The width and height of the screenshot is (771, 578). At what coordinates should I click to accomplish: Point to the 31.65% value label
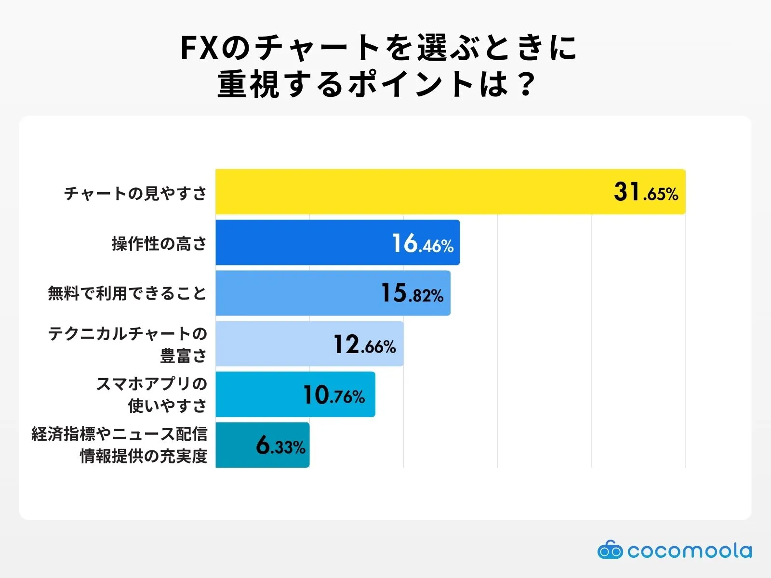tap(646, 192)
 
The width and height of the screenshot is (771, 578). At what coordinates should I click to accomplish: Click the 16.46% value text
tap(423, 244)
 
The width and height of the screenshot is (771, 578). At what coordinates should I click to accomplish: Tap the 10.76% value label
tap(333, 395)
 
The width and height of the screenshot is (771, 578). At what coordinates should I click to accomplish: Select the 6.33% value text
tap(280, 446)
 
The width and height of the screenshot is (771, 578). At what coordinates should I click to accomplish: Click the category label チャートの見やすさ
tap(136, 193)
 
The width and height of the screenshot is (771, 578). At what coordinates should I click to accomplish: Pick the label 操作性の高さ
tap(160, 244)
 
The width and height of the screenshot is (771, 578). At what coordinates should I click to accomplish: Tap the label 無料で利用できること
tap(128, 293)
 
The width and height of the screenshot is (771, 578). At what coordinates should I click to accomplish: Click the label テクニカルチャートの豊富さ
tap(128, 344)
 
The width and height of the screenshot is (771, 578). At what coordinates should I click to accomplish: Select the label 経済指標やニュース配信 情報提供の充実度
tap(120, 445)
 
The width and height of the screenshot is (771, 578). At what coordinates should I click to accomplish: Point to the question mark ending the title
tap(528, 84)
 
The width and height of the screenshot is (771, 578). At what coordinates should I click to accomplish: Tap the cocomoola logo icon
tap(610, 550)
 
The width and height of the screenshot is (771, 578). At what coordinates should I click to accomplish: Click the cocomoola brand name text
tap(689, 550)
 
